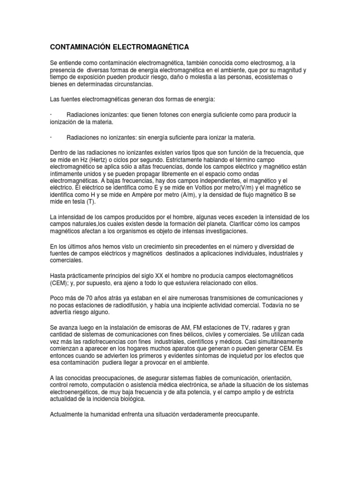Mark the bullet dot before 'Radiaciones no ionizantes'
(x=50, y=137)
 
